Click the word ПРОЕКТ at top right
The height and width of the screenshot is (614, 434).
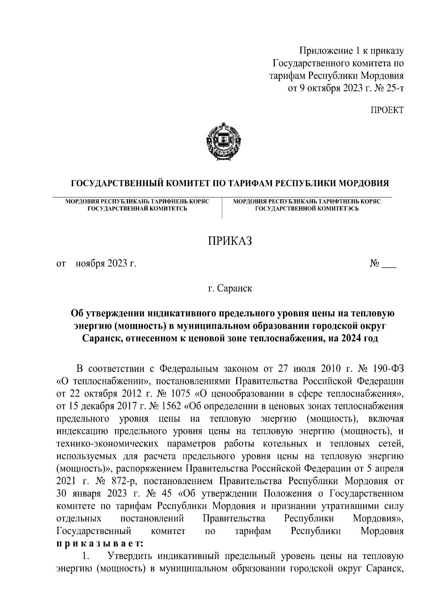(x=386, y=110)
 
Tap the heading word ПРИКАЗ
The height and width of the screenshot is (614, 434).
(x=229, y=241)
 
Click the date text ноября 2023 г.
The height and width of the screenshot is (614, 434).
(x=106, y=264)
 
